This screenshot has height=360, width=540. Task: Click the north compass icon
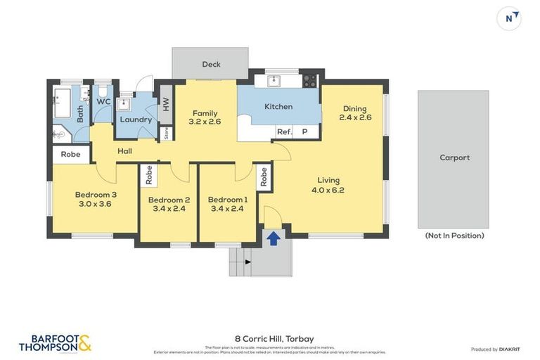(509, 18)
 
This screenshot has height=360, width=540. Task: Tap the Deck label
(211, 64)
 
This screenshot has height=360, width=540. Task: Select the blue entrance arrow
(273, 238)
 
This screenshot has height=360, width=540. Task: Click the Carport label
(454, 157)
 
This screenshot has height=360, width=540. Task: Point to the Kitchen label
(278, 107)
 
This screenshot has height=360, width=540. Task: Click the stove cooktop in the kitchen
(309, 80)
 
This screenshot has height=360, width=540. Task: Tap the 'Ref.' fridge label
(284, 131)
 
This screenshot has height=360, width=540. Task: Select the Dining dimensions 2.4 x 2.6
(355, 117)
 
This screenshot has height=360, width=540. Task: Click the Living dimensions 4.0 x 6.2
(328, 190)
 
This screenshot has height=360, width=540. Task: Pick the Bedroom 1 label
(227, 200)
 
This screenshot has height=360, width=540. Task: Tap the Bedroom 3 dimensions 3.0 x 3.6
(96, 204)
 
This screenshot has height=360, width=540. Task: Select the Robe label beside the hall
(70, 154)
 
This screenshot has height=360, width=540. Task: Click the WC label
(103, 101)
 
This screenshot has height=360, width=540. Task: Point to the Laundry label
(136, 120)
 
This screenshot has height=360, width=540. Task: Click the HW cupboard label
(166, 103)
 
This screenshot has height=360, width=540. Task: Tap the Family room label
(205, 113)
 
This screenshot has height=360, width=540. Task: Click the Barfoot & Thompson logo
(55, 343)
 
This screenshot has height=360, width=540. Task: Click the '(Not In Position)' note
(454, 236)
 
